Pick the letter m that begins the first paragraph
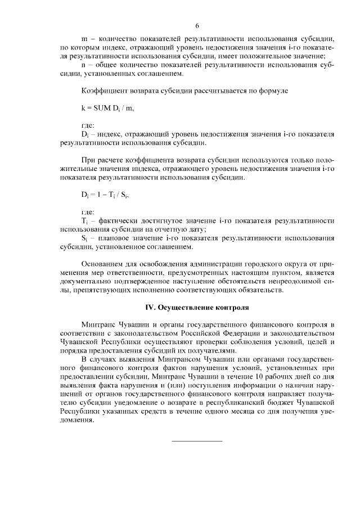(84, 39)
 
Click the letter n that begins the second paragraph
(84, 65)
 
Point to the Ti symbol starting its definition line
(85, 221)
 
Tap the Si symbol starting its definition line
(85, 238)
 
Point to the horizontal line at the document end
(197, 440)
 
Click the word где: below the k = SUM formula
(88, 125)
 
